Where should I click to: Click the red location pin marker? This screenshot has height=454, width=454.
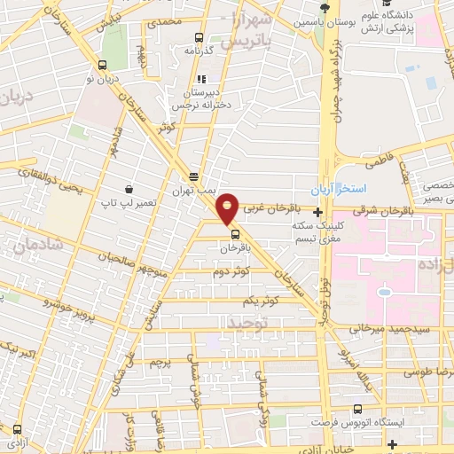(x=229, y=207)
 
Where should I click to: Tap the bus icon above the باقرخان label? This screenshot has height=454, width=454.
(x=235, y=235)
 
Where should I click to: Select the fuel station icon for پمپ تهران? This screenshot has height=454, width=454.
(x=193, y=176)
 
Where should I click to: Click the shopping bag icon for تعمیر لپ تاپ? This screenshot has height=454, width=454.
(x=129, y=189)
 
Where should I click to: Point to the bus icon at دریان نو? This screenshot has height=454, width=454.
(x=104, y=65)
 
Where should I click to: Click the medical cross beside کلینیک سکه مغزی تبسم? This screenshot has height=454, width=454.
(x=318, y=212)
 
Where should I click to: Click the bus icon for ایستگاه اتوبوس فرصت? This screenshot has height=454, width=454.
(x=357, y=410)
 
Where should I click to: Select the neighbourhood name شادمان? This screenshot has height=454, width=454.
(x=37, y=242)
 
